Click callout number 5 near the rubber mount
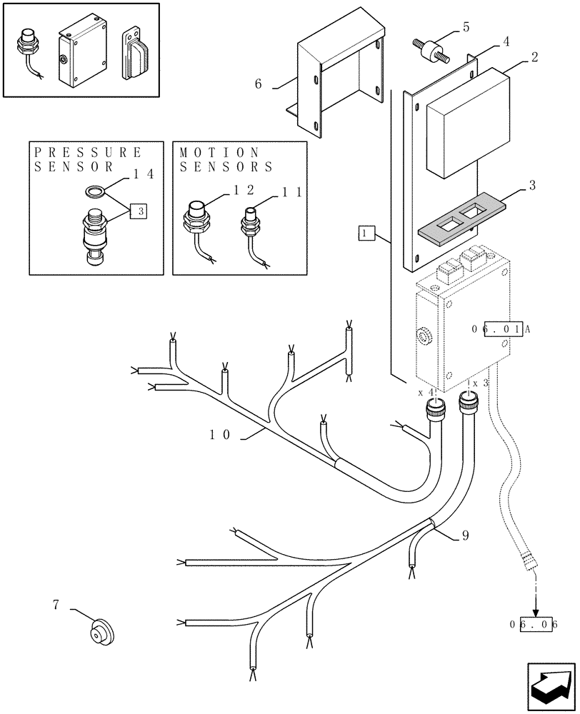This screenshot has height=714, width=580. [465, 28]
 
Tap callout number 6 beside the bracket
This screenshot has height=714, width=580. [258, 84]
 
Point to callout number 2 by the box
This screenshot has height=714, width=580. [534, 57]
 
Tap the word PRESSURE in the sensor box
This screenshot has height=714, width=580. [89, 152]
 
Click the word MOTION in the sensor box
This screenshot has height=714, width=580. [219, 152]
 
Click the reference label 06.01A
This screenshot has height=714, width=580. [500, 328]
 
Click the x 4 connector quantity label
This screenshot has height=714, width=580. [426, 393]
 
